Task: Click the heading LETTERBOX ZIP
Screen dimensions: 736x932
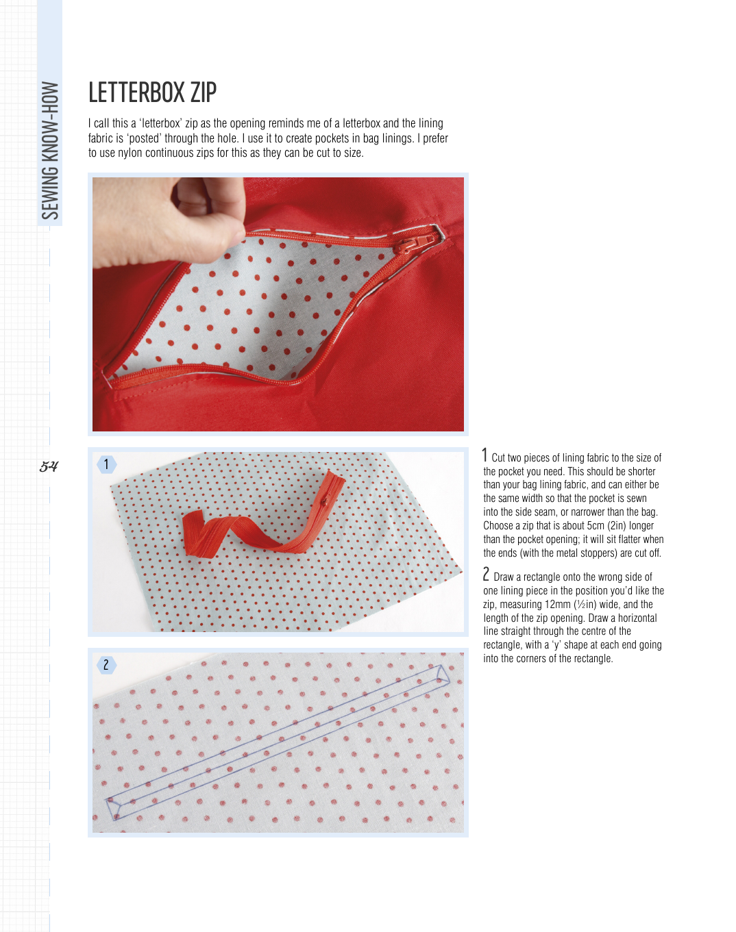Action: (x=152, y=92)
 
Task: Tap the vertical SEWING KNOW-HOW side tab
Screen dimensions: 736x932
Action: (x=50, y=150)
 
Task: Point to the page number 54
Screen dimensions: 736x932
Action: (x=49, y=466)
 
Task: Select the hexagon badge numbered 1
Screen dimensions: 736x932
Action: (x=106, y=465)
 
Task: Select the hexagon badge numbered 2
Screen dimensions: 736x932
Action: (x=106, y=665)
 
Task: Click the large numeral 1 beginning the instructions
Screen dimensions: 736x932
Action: (x=485, y=455)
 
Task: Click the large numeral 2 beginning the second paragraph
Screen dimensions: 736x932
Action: (x=486, y=575)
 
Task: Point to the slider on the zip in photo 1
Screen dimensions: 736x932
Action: (x=324, y=501)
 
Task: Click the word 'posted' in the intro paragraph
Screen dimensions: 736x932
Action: (x=145, y=138)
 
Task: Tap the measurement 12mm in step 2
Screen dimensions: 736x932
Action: (x=557, y=604)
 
